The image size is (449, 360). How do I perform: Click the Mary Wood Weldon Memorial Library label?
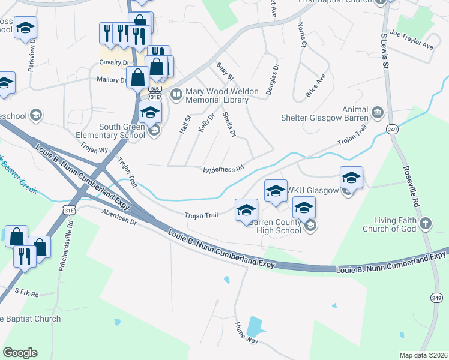tap(217, 96)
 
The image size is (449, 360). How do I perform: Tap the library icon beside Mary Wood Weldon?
tap(176, 93)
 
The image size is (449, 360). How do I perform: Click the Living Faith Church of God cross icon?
tap(426, 224)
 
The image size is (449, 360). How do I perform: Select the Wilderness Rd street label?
tap(223, 170)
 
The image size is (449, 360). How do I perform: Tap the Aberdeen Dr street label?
tap(120, 217)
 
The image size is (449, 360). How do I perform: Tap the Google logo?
tap(20, 353)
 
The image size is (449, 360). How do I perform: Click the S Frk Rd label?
tap(26, 294)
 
